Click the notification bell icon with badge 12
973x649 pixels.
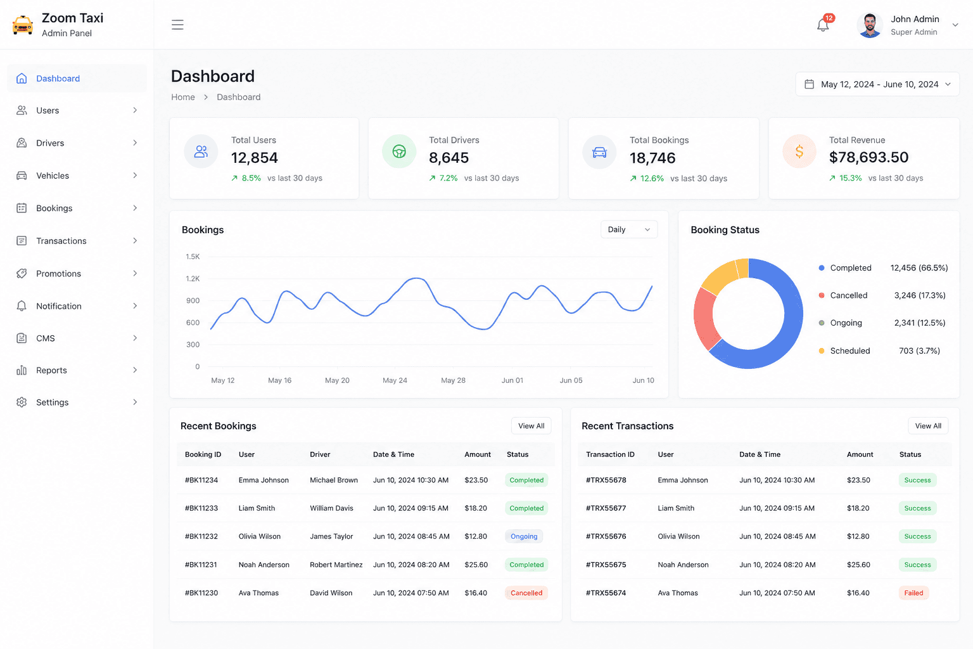[x=823, y=24]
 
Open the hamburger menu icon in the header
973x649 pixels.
[x=177, y=25]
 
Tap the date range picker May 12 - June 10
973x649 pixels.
[x=877, y=84]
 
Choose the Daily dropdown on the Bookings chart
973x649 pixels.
[x=628, y=229]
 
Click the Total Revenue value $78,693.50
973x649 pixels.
[x=868, y=157]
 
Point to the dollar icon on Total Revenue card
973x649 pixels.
[x=799, y=151]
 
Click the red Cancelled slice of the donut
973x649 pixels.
[x=703, y=318]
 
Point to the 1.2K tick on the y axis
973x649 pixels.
[x=193, y=279]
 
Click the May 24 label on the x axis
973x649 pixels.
[x=395, y=380]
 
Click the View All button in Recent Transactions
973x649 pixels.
[x=928, y=426]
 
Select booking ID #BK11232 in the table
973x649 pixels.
[x=201, y=536]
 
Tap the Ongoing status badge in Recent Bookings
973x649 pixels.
[x=524, y=536]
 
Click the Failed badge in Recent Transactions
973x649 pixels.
[x=913, y=593]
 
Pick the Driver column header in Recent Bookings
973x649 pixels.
[x=320, y=454]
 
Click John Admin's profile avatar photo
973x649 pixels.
[x=870, y=25]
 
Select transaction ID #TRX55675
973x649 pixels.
[x=606, y=565]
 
